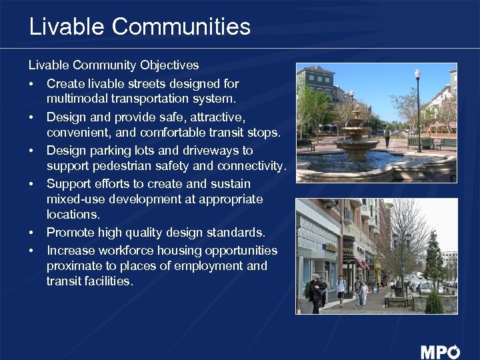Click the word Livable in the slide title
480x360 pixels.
coord(67,27)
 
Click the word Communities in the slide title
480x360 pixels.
coord(181,27)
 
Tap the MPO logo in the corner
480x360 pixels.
coord(440,351)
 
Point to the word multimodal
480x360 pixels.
coord(74,99)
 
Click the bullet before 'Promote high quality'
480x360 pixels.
coord(31,233)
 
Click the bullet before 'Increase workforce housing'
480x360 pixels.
coord(31,251)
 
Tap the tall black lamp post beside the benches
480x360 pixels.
coord(417,110)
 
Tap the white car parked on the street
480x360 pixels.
coord(425,287)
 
